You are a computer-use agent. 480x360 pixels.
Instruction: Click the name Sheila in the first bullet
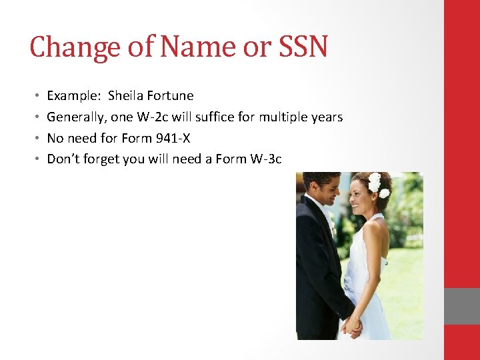[126, 95]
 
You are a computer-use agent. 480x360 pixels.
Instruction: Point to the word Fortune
[171, 95]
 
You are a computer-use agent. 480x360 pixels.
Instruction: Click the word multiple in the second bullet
[283, 117]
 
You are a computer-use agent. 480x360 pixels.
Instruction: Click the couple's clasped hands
[352, 326]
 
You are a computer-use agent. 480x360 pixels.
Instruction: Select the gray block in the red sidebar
[462, 306]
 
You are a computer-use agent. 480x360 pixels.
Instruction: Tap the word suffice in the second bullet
[219, 117]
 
